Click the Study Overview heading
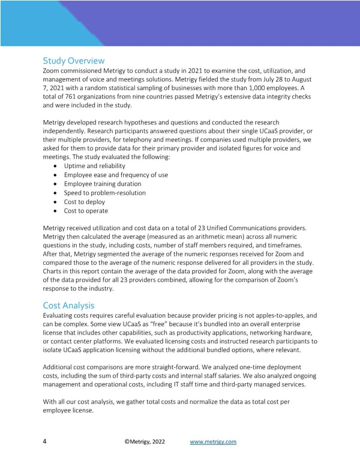(x=74, y=61)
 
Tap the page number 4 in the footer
(x=46, y=442)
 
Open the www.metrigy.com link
(x=213, y=442)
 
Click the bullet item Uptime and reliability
(x=94, y=166)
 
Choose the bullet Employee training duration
(x=103, y=184)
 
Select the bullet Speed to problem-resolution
(x=104, y=193)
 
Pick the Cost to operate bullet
(x=86, y=211)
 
